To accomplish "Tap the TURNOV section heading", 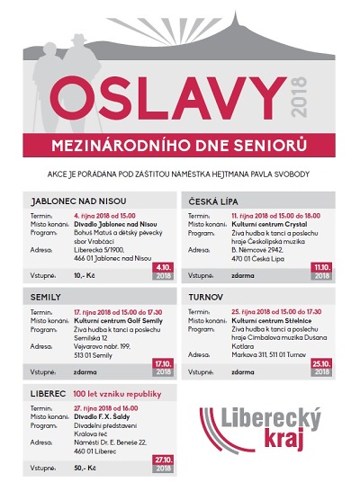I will click(x=210, y=295).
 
